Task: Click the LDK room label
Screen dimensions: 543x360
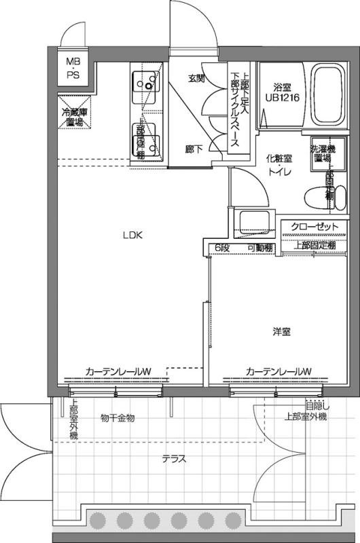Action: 131,236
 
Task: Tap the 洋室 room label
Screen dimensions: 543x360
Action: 282,332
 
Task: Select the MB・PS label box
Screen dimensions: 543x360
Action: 72,68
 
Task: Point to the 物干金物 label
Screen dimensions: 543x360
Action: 118,417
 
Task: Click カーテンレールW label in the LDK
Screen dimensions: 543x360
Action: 118,371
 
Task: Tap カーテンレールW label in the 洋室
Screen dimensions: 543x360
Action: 278,371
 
